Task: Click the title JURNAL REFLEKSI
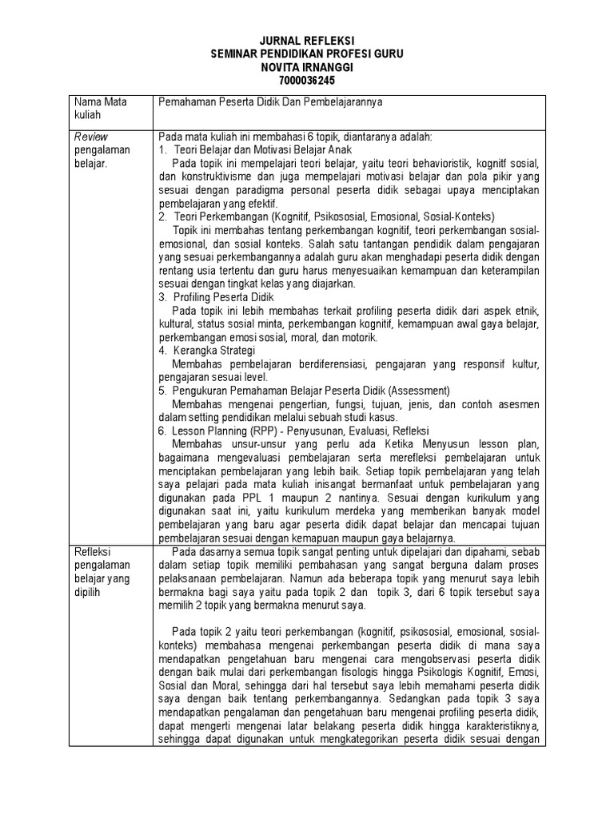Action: [307, 41]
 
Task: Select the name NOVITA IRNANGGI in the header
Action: [307, 66]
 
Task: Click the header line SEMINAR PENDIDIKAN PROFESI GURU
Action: [307, 54]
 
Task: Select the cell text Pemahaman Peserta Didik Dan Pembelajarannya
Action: [293, 103]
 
